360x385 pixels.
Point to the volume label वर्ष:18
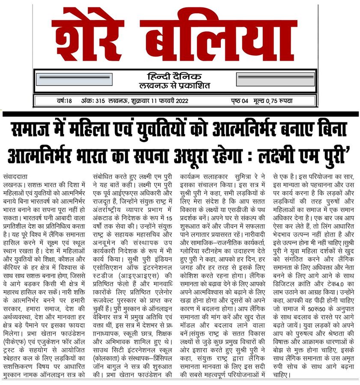coord(64,101)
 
